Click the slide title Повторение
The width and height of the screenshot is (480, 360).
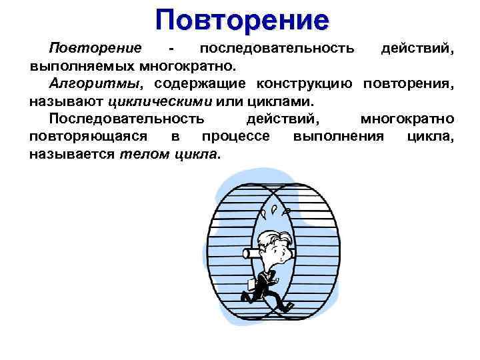pos(242,19)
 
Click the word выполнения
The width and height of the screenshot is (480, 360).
pos(338,137)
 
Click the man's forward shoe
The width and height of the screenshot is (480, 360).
pos(286,307)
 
